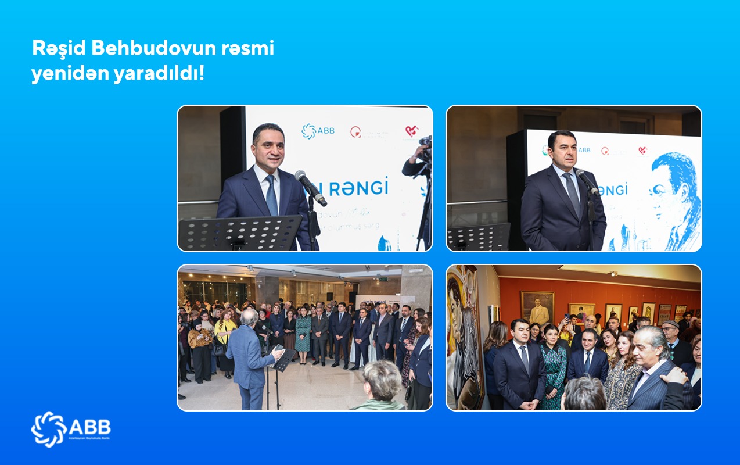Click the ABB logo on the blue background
[x=70, y=429]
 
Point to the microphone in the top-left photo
[x=310, y=187]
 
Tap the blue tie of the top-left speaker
[x=271, y=195]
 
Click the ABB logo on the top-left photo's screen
[x=318, y=131]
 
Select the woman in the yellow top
[x=224, y=343]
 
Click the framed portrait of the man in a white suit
[x=537, y=308]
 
